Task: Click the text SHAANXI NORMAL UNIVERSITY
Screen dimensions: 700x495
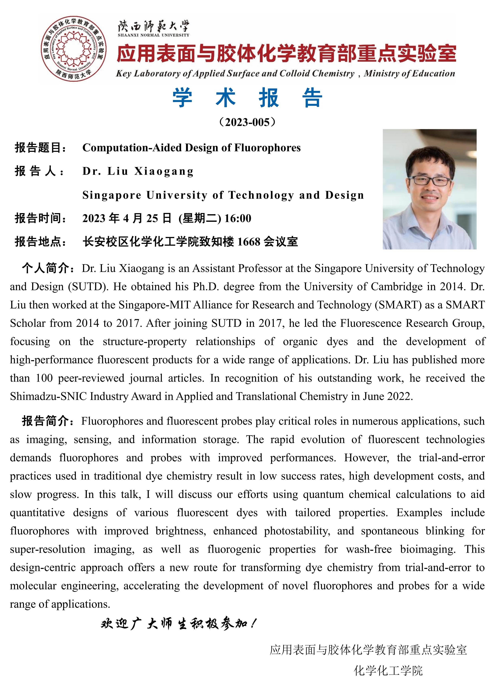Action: tap(153, 35)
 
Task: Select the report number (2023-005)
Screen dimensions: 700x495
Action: tap(247, 122)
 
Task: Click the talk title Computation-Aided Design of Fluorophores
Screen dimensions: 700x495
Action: tap(191, 148)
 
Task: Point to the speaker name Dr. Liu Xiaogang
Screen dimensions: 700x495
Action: tap(138, 171)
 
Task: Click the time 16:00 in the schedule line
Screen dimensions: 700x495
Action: tap(238, 218)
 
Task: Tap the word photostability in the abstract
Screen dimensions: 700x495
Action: tap(297, 531)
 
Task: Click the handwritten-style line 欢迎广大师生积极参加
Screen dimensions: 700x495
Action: tap(178, 624)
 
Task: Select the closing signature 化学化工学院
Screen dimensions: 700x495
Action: tap(388, 671)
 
